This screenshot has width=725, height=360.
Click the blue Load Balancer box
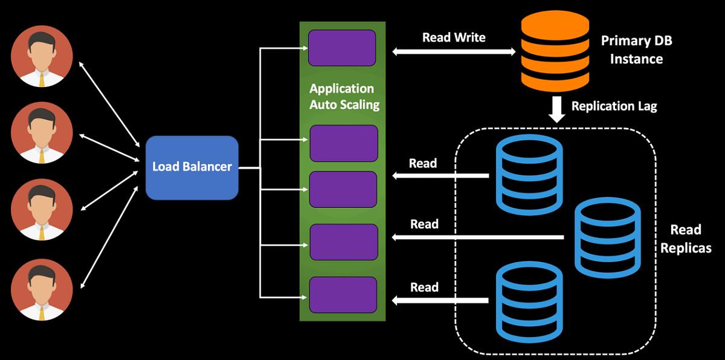point(192,167)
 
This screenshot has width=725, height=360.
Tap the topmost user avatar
point(42,56)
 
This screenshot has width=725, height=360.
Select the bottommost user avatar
point(42,290)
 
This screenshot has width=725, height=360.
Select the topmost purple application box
point(342,47)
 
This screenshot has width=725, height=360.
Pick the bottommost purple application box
point(343,294)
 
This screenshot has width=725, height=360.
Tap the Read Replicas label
point(686,239)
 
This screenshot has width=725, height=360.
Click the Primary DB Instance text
point(636,50)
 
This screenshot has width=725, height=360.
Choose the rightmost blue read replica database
point(606,239)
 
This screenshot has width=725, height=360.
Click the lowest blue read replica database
point(528,301)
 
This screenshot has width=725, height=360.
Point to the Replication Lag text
point(614,106)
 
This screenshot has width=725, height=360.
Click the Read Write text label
point(453,37)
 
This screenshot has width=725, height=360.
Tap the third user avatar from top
point(42,211)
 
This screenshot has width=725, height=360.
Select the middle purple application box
point(343,189)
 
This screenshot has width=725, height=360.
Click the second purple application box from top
point(343,143)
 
